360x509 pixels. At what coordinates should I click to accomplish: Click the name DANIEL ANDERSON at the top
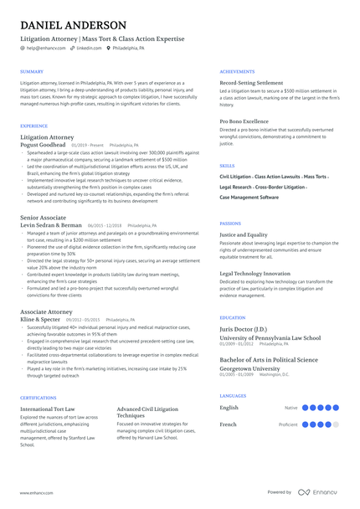coord(73,26)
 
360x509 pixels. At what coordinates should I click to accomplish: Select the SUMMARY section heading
coord(32,72)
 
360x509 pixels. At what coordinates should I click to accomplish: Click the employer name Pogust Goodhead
coord(43,145)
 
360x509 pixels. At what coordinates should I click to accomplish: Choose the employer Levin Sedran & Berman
coord(51,225)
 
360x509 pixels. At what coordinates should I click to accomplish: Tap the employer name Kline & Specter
coord(40,320)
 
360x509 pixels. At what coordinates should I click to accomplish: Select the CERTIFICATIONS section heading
coord(38,398)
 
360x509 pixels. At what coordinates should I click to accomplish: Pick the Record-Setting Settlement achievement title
coord(251,83)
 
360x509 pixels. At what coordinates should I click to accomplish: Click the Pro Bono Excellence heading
coord(244,121)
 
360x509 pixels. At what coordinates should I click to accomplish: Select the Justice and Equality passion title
coord(244,235)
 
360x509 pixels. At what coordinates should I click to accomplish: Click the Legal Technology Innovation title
coord(255,273)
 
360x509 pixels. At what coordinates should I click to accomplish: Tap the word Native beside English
coord(291,408)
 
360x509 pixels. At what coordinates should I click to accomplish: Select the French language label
coord(229,424)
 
